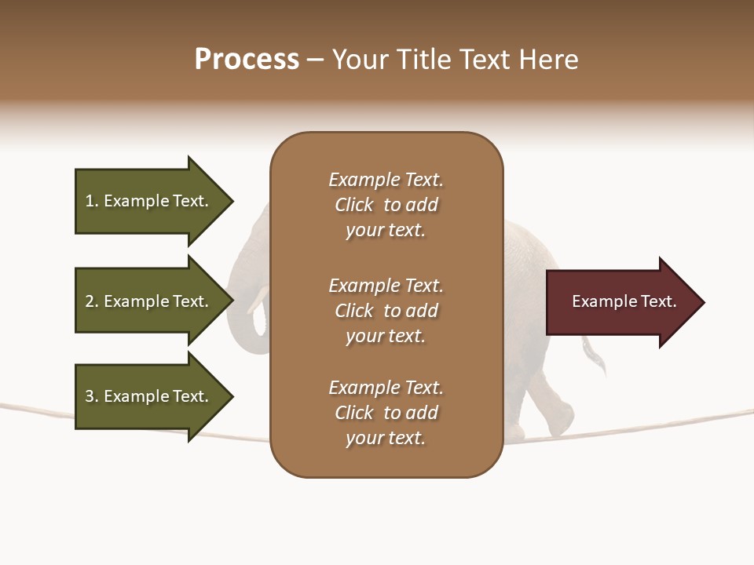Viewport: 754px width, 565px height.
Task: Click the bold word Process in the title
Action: pos(247,60)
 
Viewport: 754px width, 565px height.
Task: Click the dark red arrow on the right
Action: pos(620,302)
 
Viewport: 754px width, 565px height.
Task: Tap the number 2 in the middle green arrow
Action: pos(90,301)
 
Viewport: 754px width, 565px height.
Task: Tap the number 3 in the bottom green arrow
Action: pos(90,396)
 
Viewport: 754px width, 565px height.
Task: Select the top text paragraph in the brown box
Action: pos(386,205)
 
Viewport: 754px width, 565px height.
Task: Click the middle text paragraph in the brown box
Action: pos(386,311)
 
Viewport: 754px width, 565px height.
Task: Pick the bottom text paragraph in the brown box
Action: pos(386,413)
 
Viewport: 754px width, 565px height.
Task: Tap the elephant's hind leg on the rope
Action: pos(554,408)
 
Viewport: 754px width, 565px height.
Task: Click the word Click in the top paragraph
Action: pos(353,205)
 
